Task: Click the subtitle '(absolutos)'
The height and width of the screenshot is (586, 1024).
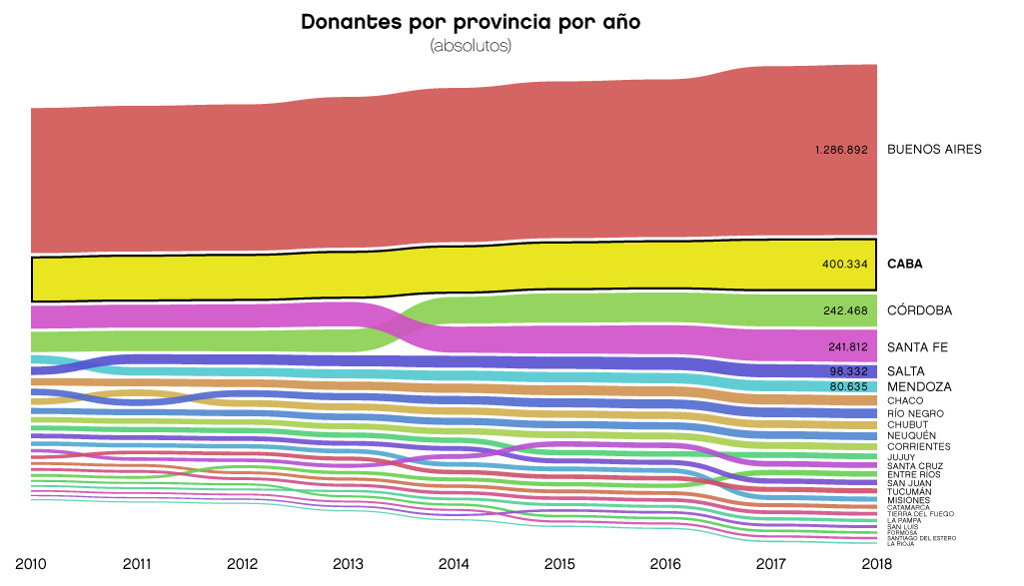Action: coord(470,46)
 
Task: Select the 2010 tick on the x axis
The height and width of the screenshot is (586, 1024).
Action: coord(31,564)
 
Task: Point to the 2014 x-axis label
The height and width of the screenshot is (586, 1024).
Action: coord(454,564)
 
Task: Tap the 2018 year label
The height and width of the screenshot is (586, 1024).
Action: coord(876,564)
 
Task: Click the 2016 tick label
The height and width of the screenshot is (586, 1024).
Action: coord(665,564)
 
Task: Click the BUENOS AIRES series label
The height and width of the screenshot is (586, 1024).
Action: coord(934,150)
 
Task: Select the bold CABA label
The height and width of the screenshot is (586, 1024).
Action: coord(905,265)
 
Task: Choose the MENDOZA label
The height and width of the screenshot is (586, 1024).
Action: coord(919,386)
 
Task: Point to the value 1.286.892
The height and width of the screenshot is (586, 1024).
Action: coord(841,150)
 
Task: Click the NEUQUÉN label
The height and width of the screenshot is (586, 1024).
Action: coord(911,436)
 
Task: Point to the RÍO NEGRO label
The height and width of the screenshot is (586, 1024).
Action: coord(915,413)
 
